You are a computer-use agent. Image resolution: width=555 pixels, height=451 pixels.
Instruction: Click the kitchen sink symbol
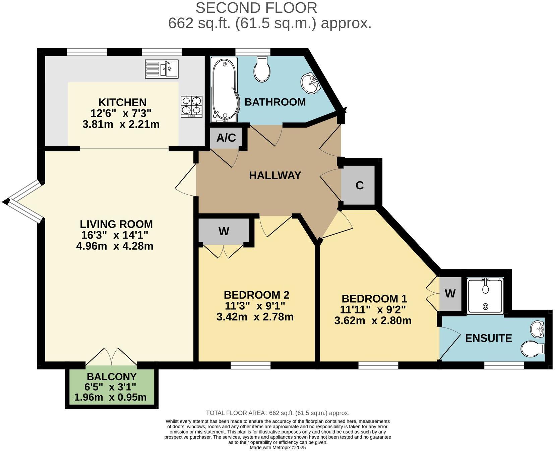162,69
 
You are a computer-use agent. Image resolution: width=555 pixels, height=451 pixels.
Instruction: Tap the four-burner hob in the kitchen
192,106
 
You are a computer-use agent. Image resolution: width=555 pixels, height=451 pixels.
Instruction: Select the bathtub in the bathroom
224,89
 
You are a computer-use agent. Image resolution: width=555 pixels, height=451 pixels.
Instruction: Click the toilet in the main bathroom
261,69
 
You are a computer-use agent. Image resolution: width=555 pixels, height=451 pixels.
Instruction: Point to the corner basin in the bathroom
310,83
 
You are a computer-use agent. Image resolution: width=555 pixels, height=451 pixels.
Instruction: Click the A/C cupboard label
226,138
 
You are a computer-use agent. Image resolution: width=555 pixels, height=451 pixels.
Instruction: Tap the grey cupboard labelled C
359,185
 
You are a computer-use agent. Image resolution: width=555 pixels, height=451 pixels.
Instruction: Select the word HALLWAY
275,176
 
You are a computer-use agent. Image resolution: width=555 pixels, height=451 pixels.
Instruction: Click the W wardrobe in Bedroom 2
224,231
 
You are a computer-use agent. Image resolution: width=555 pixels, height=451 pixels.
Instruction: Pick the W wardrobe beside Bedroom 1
450,294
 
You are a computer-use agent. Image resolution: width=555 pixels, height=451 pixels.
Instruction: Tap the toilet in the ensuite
533,348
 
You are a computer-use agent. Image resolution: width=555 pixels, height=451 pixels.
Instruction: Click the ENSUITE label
488,338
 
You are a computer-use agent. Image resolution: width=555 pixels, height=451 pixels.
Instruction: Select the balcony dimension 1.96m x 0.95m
110,397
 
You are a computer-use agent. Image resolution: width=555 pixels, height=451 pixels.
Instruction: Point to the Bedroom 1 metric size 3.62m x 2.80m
373,321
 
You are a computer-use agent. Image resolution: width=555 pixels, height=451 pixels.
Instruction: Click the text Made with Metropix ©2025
277,448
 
